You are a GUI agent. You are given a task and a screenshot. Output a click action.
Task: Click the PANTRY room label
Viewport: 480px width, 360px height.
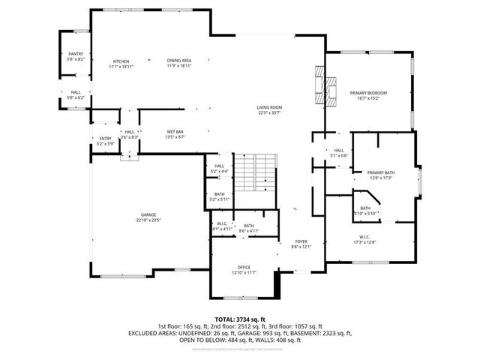pos(76,54)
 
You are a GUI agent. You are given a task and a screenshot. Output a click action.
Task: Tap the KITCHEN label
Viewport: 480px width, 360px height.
pos(121,61)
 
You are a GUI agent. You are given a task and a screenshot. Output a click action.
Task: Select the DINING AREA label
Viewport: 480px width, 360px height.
pos(178,61)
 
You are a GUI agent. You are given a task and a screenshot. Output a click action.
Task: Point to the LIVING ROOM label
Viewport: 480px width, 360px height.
pos(269,108)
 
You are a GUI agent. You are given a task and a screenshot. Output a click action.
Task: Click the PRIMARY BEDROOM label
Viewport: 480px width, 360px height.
pos(369,92)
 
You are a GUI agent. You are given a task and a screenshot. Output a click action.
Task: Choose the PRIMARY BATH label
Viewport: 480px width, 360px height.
pos(381,172)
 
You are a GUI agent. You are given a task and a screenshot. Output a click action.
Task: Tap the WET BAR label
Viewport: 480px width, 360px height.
pos(175,132)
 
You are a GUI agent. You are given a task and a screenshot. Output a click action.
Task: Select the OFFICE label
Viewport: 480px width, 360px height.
pos(244,266)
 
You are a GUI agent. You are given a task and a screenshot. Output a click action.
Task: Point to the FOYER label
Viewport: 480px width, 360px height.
pos(301,241)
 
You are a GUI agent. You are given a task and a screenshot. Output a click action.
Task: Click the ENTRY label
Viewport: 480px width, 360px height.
pos(104,138)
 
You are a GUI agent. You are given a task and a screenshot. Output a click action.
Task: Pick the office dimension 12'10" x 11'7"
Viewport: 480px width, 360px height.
pos(244,272)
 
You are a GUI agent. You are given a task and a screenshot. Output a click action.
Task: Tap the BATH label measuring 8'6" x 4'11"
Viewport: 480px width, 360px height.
pos(247,225)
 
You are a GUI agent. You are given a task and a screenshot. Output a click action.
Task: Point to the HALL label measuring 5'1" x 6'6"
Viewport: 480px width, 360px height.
pos(338,150)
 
